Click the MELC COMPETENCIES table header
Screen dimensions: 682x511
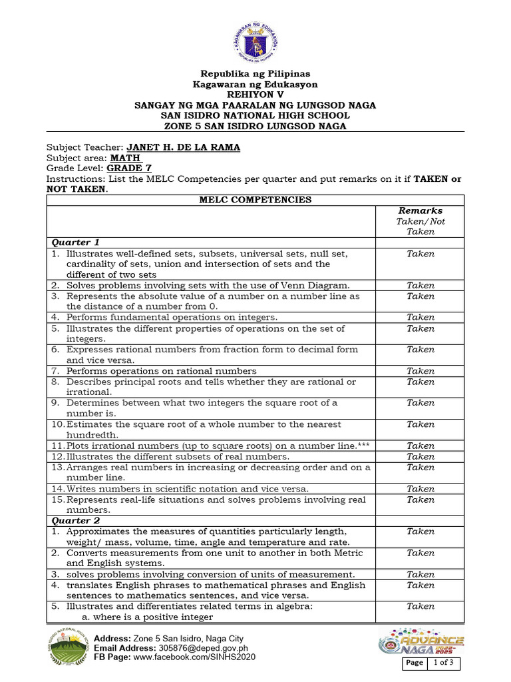coord(255,200)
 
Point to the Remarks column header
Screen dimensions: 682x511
coord(420,210)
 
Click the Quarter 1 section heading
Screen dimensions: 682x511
coord(75,242)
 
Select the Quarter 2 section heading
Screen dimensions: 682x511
coord(75,520)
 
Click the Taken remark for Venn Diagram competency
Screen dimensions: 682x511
coord(420,285)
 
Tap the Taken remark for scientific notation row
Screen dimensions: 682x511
coord(420,488)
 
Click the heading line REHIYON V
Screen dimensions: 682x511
coord(255,95)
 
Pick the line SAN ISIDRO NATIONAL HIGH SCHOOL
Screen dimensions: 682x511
coord(255,116)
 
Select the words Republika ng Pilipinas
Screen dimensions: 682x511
coord(255,74)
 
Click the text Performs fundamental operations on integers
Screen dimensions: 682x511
coord(172,318)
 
